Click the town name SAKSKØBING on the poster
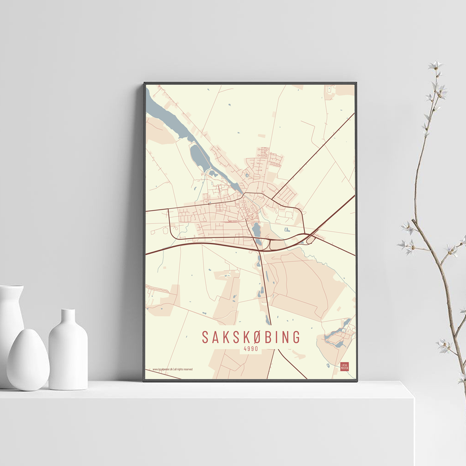click(251, 337)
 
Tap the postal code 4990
click(251, 349)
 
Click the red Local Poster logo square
click(344, 367)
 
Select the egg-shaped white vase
click(28, 359)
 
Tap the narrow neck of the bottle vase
click(68, 316)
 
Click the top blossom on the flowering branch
click(435, 65)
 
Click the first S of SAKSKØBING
click(206, 337)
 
